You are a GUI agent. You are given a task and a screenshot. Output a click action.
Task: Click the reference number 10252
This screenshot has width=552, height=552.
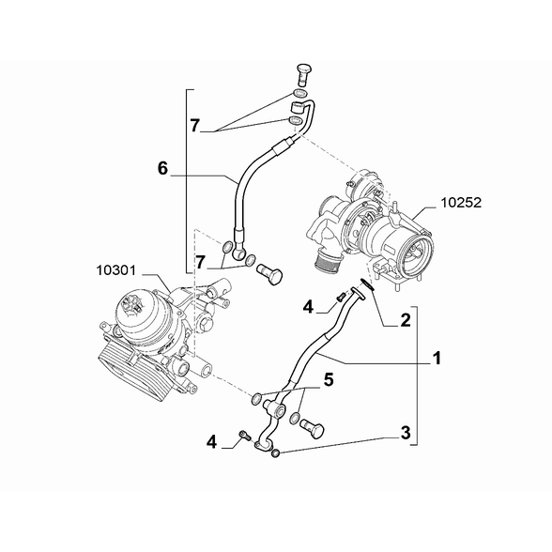[461, 203]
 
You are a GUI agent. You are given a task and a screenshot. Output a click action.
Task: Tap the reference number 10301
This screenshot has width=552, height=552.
[115, 270]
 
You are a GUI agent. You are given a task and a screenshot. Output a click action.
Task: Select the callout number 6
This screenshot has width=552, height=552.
[162, 168]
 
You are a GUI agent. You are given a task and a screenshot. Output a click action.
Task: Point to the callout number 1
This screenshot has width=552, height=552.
[437, 359]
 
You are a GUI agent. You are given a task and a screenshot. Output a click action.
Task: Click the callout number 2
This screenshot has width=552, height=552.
[406, 320]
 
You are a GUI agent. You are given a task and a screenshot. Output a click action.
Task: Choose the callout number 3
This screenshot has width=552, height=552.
[406, 433]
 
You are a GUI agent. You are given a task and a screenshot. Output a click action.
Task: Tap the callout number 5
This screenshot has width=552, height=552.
[329, 380]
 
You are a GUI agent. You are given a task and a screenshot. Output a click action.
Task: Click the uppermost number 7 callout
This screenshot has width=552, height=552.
[195, 126]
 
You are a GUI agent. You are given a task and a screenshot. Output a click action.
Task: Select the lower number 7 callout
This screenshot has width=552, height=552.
[200, 262]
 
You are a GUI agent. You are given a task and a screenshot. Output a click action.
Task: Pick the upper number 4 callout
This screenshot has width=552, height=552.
[308, 307]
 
